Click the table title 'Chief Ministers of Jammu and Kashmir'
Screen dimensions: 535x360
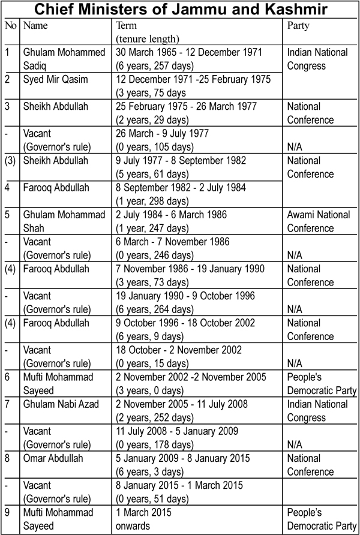coord(180,10)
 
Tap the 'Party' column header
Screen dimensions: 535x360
coord(299,26)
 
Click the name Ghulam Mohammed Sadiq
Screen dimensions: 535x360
coord(62,59)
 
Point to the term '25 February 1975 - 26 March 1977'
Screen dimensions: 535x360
coord(187,106)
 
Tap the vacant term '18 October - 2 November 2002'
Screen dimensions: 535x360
coord(179,349)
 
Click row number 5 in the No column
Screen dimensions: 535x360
coord(7,214)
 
